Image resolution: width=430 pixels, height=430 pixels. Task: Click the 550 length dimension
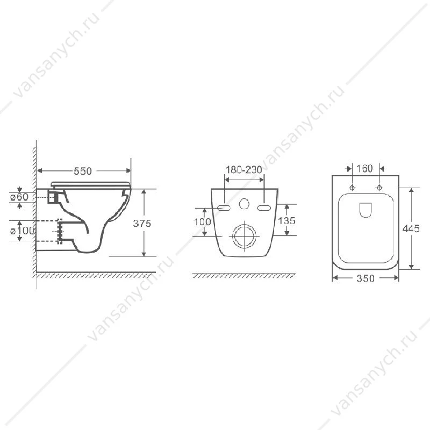[x=83, y=171]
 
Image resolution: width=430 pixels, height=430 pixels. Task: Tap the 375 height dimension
[x=142, y=224]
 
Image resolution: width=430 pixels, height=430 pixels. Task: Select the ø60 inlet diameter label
[x=19, y=197]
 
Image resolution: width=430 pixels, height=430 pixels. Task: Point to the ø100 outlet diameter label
[x=23, y=231]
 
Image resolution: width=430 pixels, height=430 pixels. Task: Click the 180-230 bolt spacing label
[x=244, y=170]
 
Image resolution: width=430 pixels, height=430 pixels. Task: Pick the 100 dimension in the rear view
[x=203, y=222]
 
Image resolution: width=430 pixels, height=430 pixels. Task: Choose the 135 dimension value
[x=286, y=220]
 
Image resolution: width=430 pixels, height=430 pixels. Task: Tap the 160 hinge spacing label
[x=364, y=168]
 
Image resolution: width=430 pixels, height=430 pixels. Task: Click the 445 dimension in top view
[x=411, y=228]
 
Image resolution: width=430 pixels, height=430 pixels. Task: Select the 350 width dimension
[x=365, y=278]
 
